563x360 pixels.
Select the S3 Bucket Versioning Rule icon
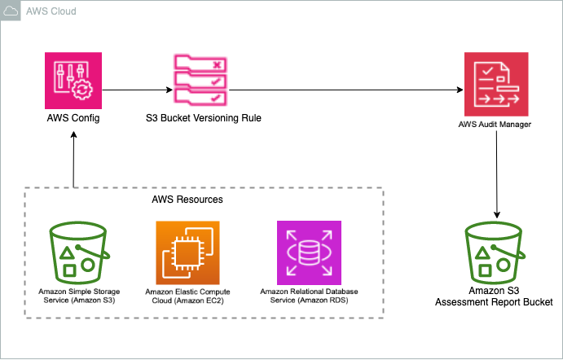click(x=200, y=80)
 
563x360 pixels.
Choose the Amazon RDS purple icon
click(x=309, y=250)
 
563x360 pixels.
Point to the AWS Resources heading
click(x=187, y=199)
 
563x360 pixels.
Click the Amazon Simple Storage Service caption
click(x=75, y=294)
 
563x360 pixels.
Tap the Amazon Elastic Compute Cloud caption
click(x=187, y=294)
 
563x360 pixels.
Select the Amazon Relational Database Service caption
click(x=309, y=294)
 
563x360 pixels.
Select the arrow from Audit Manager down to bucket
click(x=495, y=171)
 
